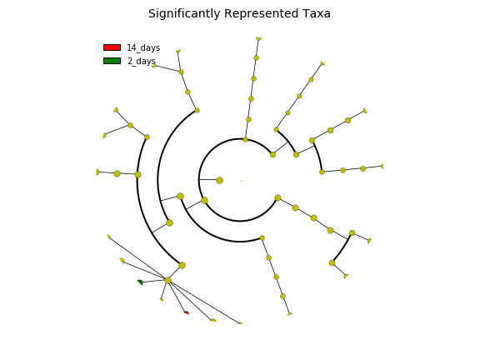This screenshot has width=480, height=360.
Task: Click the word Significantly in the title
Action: (184, 14)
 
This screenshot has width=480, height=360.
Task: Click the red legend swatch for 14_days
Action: (112, 47)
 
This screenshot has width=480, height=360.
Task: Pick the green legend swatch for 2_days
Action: (112, 61)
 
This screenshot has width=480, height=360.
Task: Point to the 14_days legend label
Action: (143, 48)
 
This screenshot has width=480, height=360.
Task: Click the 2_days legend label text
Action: (142, 61)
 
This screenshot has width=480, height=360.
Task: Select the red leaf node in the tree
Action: (187, 312)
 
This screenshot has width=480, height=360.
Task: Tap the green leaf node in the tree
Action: (140, 282)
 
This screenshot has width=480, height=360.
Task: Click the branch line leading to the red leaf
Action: (177, 297)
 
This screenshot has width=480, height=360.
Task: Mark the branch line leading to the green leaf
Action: (154, 281)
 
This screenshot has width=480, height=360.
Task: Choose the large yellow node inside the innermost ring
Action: (219, 180)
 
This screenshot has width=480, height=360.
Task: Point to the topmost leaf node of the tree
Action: (258, 38)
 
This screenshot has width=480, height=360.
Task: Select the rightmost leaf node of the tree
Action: (382, 166)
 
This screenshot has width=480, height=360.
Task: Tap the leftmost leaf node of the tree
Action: (97, 172)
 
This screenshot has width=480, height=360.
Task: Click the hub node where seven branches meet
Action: (167, 280)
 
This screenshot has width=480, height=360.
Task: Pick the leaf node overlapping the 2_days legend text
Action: (154, 66)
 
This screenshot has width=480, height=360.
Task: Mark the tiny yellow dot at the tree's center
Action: (240, 180)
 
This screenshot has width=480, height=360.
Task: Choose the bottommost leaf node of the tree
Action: (240, 323)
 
